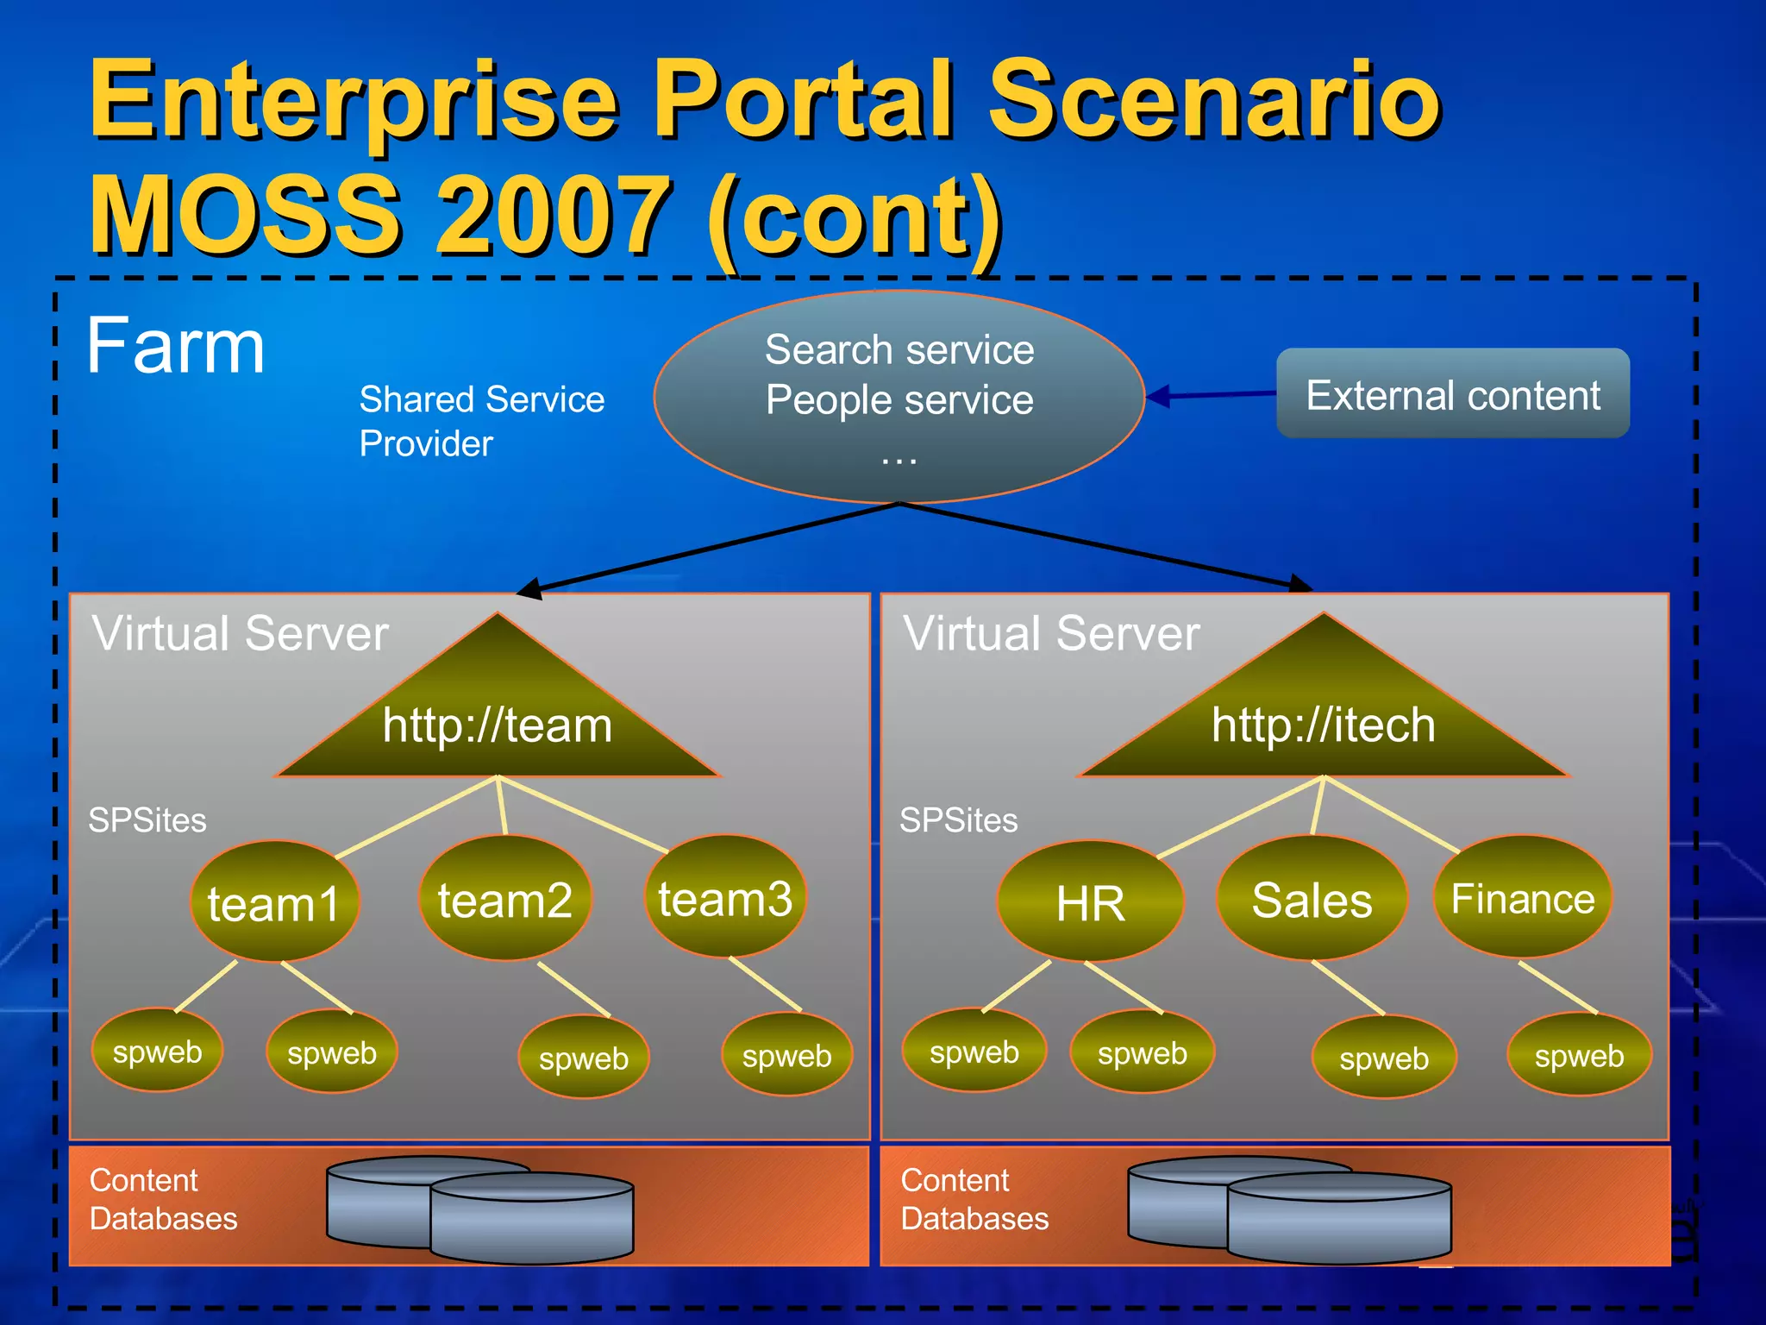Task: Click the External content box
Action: (x=1452, y=394)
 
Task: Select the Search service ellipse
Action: (x=899, y=397)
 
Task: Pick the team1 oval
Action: (x=274, y=902)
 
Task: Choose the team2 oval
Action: (x=505, y=899)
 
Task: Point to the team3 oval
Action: (x=725, y=897)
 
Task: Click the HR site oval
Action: (x=1090, y=902)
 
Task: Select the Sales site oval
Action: (x=1312, y=899)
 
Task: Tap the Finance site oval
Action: (x=1523, y=897)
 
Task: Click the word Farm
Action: (x=176, y=346)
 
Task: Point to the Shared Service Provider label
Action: (x=480, y=421)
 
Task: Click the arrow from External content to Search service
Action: (x=1211, y=395)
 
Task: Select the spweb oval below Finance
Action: (x=1579, y=1055)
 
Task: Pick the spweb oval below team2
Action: (x=584, y=1058)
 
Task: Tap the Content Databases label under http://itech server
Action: (x=974, y=1199)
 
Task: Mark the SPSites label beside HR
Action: (x=958, y=819)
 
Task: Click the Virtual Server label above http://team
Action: (x=241, y=633)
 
